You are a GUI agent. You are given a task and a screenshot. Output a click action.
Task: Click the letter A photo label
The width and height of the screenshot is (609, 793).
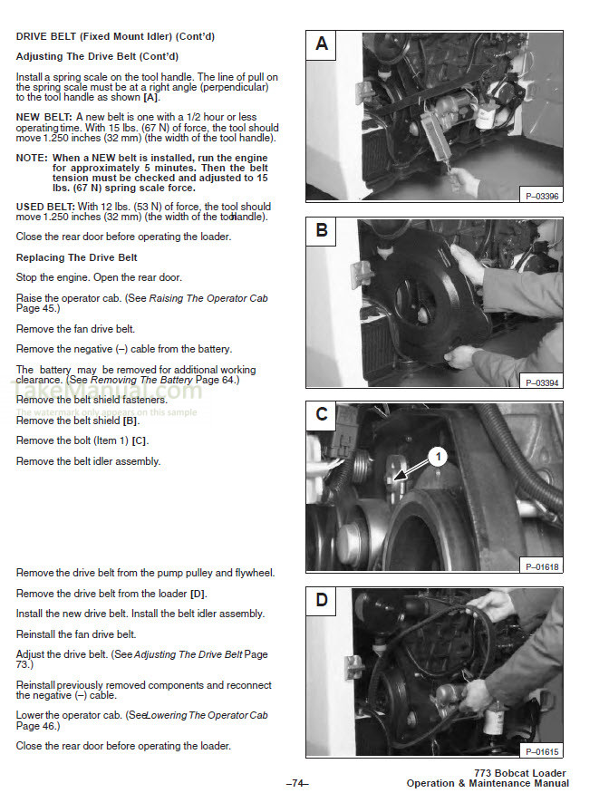click(x=322, y=44)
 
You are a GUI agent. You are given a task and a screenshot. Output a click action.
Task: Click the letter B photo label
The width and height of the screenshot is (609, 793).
click(x=322, y=230)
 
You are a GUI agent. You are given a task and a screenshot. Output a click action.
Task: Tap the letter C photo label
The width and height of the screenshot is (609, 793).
click(x=322, y=414)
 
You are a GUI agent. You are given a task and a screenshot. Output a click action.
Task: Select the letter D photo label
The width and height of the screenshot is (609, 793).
click(x=322, y=599)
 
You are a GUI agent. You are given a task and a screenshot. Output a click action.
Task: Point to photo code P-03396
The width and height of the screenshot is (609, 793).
click(x=542, y=196)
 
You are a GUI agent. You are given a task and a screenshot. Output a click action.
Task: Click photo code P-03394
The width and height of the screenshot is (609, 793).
click(x=542, y=382)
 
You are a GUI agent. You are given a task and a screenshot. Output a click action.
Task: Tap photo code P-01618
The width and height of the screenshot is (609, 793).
click(x=542, y=566)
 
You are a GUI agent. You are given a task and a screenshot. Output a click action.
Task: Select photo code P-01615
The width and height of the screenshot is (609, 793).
click(x=542, y=750)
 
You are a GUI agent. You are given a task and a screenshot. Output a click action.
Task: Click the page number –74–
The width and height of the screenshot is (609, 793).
click(x=297, y=782)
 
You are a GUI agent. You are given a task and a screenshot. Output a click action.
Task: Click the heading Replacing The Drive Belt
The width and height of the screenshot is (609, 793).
click(x=77, y=257)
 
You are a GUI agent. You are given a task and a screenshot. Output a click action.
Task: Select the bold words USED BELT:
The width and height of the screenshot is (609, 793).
click(x=43, y=207)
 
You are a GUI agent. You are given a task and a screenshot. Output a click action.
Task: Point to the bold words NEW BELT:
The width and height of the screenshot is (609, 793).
click(x=43, y=118)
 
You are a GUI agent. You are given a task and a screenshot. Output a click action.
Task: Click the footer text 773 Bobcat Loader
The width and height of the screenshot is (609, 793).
click(x=521, y=772)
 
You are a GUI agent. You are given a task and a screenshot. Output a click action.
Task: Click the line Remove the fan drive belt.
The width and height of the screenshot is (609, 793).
click(x=75, y=329)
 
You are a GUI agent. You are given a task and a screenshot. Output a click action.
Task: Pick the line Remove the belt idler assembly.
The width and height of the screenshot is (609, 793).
click(x=88, y=461)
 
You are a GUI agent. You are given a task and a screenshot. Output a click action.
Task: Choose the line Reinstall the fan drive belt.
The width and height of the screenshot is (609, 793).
click(x=76, y=633)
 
